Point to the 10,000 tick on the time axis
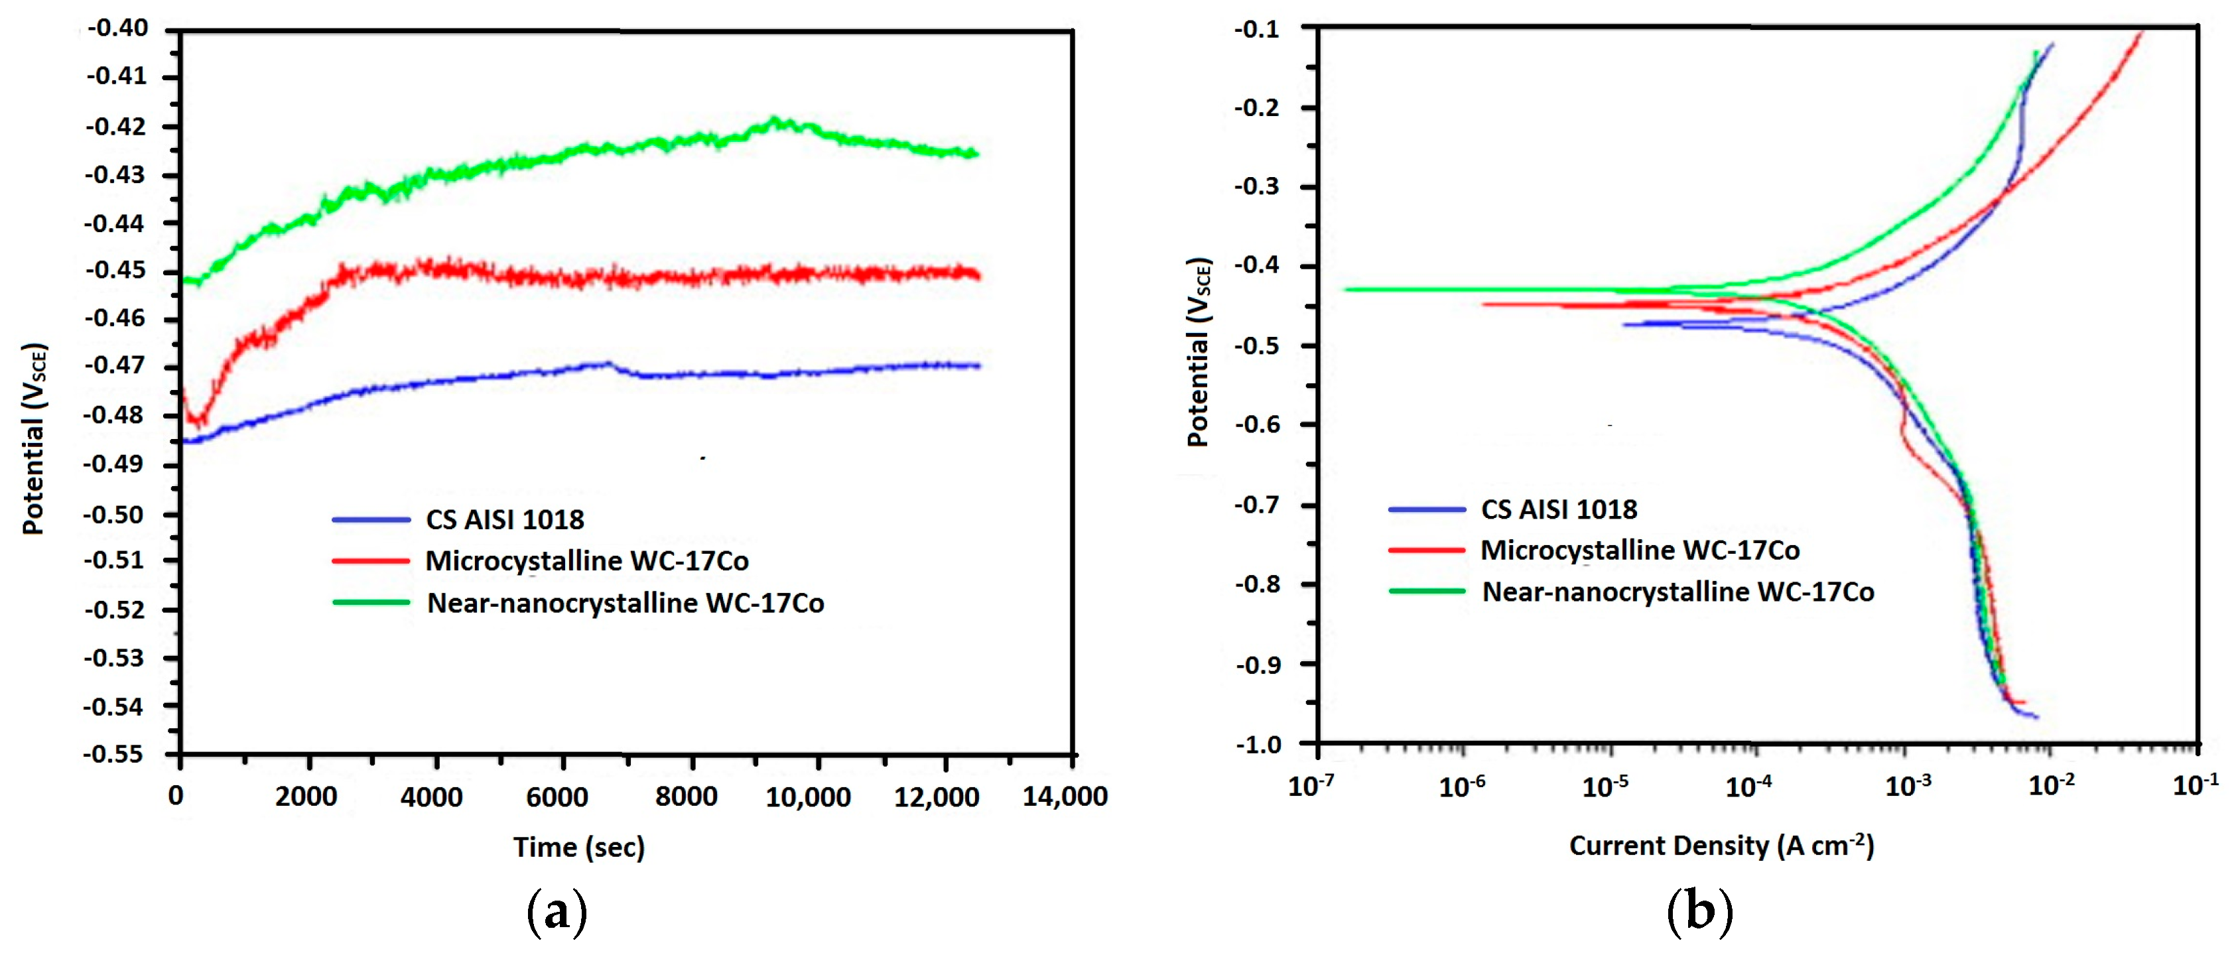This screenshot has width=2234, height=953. (x=807, y=796)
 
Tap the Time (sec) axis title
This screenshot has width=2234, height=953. (x=578, y=846)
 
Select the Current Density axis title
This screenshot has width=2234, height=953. (x=1721, y=846)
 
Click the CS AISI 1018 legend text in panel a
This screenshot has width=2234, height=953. (x=504, y=519)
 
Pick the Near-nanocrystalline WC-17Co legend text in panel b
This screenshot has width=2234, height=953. (x=1677, y=592)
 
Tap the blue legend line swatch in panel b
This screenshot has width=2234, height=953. (x=1427, y=509)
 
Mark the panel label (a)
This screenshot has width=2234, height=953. (x=557, y=911)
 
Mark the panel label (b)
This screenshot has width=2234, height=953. (x=1700, y=911)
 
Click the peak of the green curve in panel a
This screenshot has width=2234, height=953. (x=775, y=119)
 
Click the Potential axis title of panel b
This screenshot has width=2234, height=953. (x=1198, y=352)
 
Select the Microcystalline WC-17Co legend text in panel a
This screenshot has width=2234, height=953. (x=586, y=561)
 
